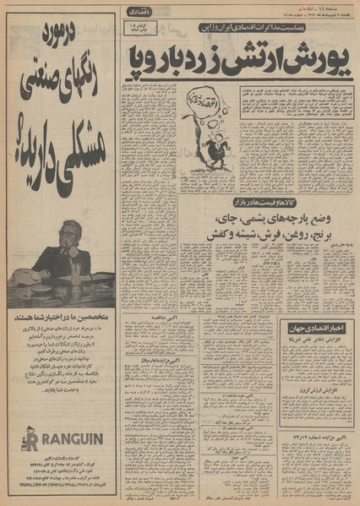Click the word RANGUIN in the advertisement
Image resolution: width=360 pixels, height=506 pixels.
point(68,439)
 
